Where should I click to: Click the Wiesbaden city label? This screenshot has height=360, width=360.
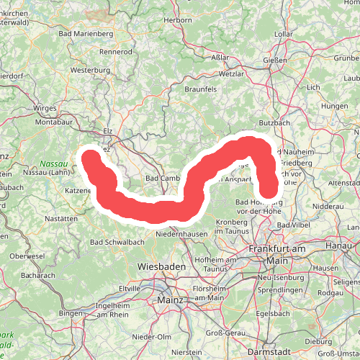pyautogui.click(x=161, y=266)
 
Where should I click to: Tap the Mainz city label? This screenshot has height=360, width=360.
pyautogui.click(x=168, y=296)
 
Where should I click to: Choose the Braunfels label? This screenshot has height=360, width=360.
pyautogui.click(x=202, y=108)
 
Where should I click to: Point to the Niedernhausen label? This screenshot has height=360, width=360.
pyautogui.click(x=181, y=234)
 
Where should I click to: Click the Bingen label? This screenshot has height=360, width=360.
pyautogui.click(x=71, y=314)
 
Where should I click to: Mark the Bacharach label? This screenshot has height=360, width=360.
pyautogui.click(x=38, y=276)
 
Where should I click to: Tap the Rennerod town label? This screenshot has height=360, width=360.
pyautogui.click(x=117, y=52)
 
